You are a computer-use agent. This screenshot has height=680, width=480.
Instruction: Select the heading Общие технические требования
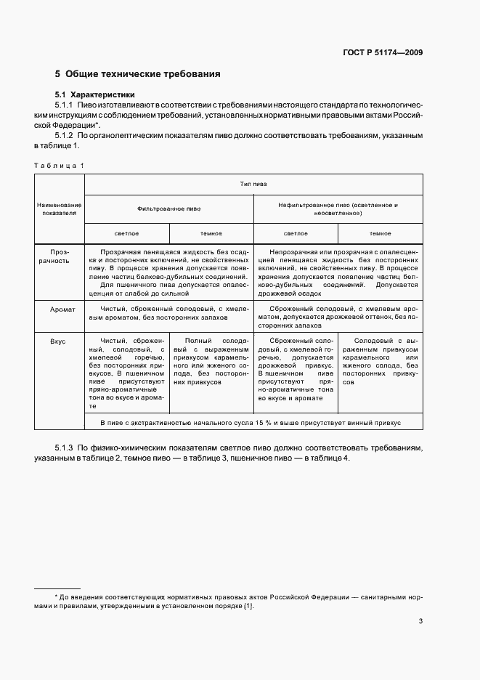point(142,74)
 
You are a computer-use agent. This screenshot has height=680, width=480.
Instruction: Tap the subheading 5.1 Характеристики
point(95,95)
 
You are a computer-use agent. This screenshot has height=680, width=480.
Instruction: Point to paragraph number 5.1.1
point(66,106)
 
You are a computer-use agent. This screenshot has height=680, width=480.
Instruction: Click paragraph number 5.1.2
point(66,136)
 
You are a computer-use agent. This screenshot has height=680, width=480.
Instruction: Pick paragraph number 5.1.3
point(66,449)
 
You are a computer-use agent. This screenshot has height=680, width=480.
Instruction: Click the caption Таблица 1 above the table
point(60,166)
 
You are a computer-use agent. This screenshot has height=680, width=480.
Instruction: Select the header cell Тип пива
point(254,185)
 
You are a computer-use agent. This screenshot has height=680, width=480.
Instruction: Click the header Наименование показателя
point(60,210)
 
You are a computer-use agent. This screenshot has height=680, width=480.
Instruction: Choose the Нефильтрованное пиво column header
point(338,210)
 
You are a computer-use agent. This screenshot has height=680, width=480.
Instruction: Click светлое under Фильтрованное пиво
point(127,233)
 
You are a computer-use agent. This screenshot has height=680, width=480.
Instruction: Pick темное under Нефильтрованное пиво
point(380,233)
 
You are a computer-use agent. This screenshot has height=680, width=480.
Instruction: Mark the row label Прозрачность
point(60,255)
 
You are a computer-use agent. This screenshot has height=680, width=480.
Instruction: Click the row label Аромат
point(60,309)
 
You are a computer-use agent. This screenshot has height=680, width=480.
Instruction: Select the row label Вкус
point(60,341)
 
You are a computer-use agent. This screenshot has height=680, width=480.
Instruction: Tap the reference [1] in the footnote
point(248,606)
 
